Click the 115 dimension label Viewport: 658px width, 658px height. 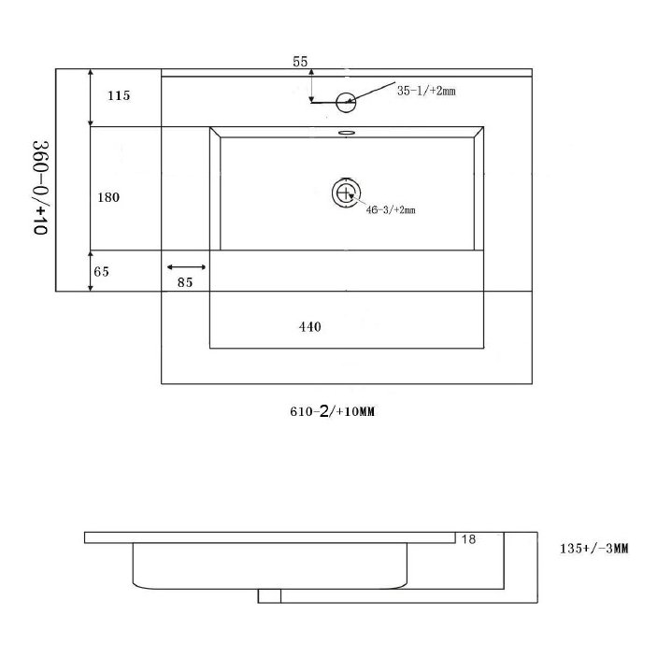(119, 95)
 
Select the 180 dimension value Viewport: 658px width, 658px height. (110, 197)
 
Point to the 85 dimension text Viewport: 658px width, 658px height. (184, 283)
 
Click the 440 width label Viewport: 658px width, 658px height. (309, 327)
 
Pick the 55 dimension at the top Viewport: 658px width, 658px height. (300, 62)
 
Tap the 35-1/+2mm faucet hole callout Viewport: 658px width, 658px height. (425, 91)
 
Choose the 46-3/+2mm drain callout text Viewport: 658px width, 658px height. (391, 210)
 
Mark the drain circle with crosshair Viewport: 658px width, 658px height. (347, 193)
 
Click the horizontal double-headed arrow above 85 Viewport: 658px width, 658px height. (186, 267)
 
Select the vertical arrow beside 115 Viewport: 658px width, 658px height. (90, 97)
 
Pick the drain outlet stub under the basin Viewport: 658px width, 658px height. (269, 594)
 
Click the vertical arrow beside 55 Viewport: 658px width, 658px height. (311, 85)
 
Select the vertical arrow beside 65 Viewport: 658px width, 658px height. (90, 271)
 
